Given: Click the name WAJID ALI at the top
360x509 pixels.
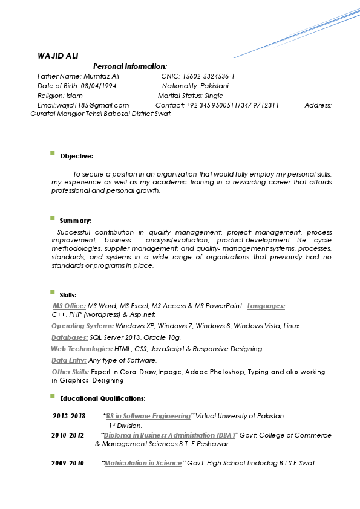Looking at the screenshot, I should (x=54, y=56).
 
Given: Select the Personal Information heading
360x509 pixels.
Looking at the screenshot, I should (x=130, y=66).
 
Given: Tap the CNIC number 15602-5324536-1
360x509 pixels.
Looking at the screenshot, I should (x=209, y=77).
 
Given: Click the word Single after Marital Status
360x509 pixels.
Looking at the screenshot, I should (x=214, y=96).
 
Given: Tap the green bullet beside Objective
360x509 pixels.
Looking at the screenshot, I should (x=53, y=154).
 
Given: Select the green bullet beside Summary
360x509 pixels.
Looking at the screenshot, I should (x=53, y=219).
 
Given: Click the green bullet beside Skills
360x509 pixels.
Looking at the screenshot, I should (x=53, y=293).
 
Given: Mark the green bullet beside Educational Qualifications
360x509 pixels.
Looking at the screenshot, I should (x=53, y=396).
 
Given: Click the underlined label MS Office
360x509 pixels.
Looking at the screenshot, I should (x=70, y=306).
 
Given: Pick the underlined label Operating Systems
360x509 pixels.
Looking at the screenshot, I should (x=82, y=326).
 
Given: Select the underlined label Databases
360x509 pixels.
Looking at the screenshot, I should (x=70, y=338).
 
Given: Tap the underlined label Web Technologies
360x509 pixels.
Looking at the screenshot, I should (x=82, y=349).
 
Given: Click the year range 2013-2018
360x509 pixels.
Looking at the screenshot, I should (x=69, y=417).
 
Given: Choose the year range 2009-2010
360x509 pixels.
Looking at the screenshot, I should (x=68, y=464).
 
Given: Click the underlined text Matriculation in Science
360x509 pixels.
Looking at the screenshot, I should (x=143, y=464).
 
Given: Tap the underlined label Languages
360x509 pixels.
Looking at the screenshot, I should (x=266, y=306).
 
